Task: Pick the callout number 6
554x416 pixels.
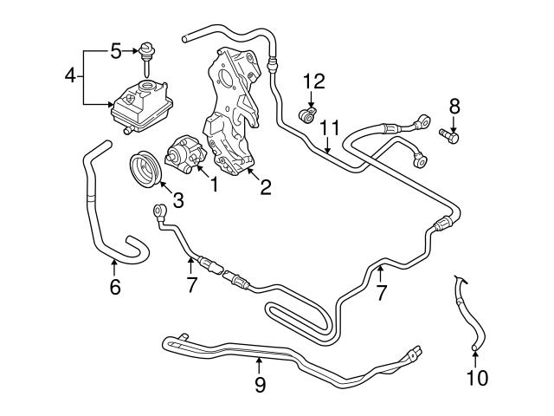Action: [115, 288]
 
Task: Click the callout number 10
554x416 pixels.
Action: [477, 378]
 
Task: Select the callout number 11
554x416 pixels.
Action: [328, 128]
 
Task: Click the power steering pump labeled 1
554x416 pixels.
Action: [185, 150]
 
